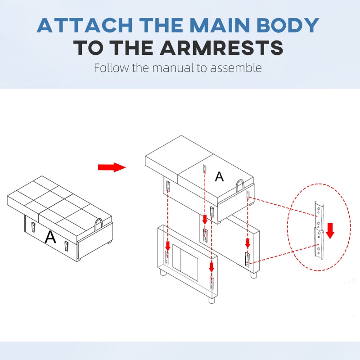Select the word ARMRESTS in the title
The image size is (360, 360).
pos(221,48)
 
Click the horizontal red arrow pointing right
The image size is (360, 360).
pos(112,167)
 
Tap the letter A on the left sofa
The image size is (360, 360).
pos(50,237)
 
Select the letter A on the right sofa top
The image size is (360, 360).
pos(219,177)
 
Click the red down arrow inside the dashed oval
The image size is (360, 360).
pos(330,231)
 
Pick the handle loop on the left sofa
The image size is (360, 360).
pos(99,224)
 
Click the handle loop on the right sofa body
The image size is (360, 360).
pos(240,185)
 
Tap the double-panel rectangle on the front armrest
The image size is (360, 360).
pos(185,262)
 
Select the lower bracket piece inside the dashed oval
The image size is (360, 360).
pos(319,244)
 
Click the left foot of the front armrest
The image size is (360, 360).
pos(163,272)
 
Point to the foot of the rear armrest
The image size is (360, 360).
pos(253,275)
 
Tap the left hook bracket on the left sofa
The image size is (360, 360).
pos(33,227)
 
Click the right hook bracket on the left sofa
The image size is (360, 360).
pos(66,246)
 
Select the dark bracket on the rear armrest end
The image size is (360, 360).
pos(247,260)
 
